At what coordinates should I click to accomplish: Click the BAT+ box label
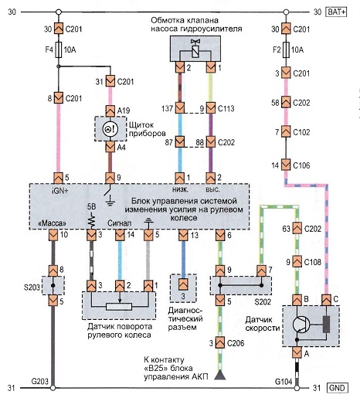[x=337, y=12]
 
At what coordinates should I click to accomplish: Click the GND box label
[x=338, y=388]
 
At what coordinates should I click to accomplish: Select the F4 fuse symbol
[x=59, y=49]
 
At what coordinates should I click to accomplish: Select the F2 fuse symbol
[x=286, y=49]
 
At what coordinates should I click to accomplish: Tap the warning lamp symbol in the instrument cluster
[x=110, y=129]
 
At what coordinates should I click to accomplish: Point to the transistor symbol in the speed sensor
[x=301, y=325]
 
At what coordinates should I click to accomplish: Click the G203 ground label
[x=39, y=382]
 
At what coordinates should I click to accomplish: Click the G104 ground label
[x=284, y=382]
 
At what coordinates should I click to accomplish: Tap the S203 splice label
[x=32, y=287]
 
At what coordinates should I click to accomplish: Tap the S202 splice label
[x=263, y=301]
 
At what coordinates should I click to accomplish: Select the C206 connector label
[x=236, y=343]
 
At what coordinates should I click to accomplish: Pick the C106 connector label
[x=301, y=165]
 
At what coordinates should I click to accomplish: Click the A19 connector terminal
[x=110, y=111]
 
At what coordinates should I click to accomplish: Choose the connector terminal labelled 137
[x=180, y=108]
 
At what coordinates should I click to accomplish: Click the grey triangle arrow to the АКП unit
[x=220, y=376]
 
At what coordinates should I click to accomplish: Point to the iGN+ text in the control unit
[x=60, y=191]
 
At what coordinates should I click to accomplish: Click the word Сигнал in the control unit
[x=119, y=223]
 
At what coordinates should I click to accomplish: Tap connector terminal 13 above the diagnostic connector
[x=183, y=235]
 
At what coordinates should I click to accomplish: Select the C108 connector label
[x=313, y=262]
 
